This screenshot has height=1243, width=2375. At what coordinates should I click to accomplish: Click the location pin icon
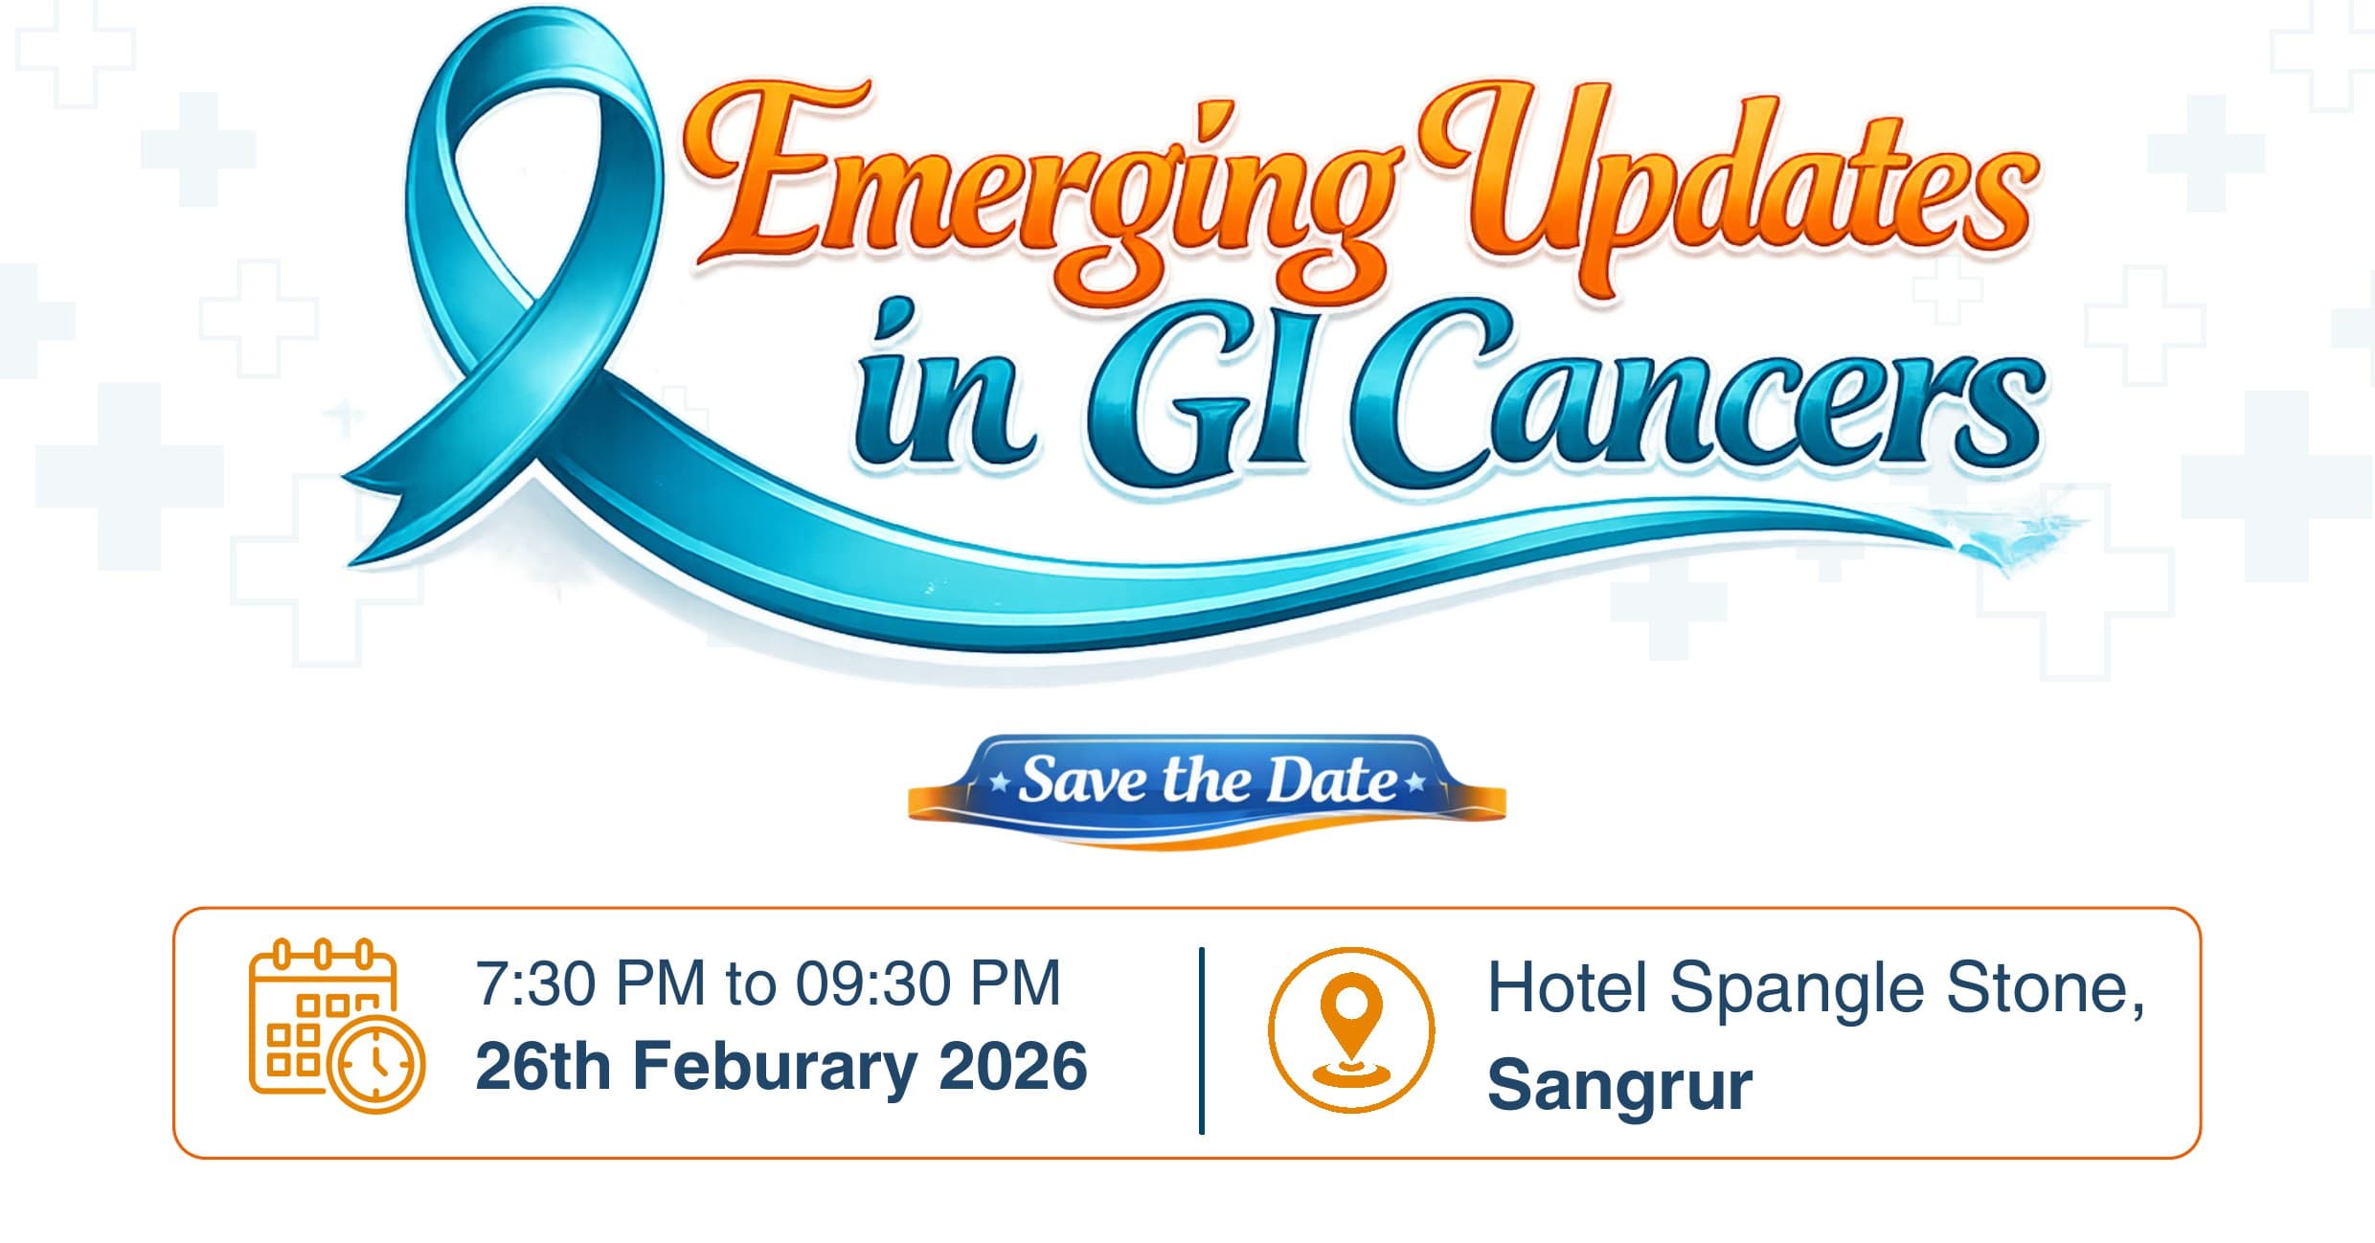(1351, 1029)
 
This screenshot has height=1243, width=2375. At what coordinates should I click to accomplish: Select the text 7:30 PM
(591, 983)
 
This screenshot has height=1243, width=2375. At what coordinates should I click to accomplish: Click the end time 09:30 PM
(928, 983)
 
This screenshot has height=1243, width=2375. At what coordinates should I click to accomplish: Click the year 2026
(1013, 1066)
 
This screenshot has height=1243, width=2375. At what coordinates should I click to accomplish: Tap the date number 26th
(543, 1066)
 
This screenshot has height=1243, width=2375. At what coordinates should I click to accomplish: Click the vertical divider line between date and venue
(1202, 1041)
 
